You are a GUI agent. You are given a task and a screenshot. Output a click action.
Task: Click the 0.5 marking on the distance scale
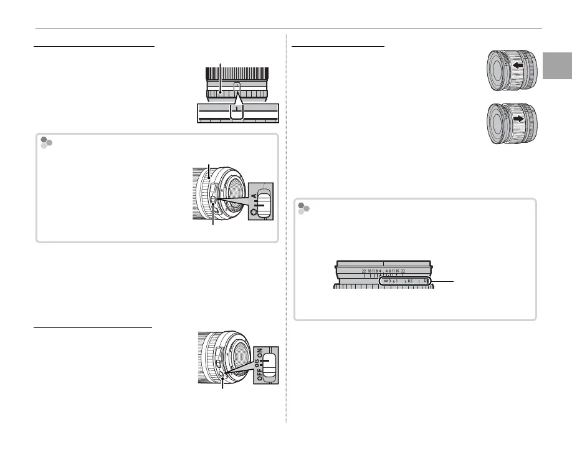(x=409, y=281)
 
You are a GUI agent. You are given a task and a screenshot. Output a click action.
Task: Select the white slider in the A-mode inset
(x=265, y=206)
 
